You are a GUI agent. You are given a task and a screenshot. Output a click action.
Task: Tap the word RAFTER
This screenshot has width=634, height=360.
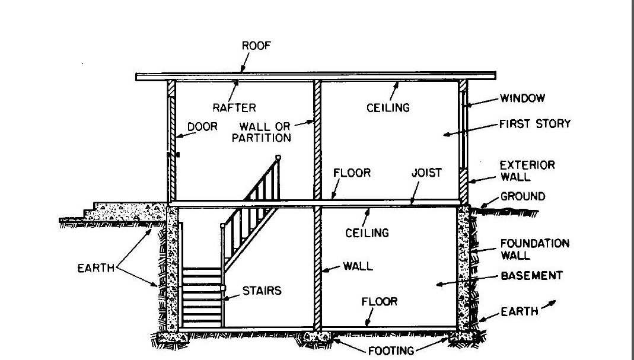pyautogui.click(x=235, y=107)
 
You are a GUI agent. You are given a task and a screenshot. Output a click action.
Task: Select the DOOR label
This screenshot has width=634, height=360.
pyautogui.click(x=202, y=126)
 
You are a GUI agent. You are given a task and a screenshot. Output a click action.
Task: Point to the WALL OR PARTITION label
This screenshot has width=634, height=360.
pyautogui.click(x=265, y=132)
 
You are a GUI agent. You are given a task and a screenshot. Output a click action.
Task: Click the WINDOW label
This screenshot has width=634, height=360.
pyautogui.click(x=522, y=98)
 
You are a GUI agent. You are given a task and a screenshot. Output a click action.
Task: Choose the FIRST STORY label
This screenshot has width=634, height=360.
pyautogui.click(x=534, y=124)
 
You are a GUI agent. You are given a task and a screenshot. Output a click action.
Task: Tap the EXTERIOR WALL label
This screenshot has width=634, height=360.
pyautogui.click(x=527, y=170)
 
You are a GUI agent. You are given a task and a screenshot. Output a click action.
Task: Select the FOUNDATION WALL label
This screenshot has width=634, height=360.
pyautogui.click(x=534, y=249)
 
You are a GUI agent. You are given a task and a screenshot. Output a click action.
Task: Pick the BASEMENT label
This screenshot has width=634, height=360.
pyautogui.click(x=531, y=276)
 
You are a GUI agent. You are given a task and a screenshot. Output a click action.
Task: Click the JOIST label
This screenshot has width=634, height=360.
pyautogui.click(x=426, y=173)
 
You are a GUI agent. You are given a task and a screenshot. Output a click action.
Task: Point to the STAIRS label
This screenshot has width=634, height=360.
pyautogui.click(x=261, y=291)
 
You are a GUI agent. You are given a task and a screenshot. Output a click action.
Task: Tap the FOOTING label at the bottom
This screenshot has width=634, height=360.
pyautogui.click(x=391, y=351)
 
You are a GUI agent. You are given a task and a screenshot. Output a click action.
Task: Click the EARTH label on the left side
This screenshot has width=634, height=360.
pyautogui.click(x=97, y=268)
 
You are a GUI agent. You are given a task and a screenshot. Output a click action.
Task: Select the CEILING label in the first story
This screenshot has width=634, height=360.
pyautogui.click(x=388, y=107)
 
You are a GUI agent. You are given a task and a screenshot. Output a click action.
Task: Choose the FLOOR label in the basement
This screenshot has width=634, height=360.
pyautogui.click(x=379, y=302)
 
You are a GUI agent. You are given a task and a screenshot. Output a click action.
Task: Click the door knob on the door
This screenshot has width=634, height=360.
pyautogui.click(x=177, y=155)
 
